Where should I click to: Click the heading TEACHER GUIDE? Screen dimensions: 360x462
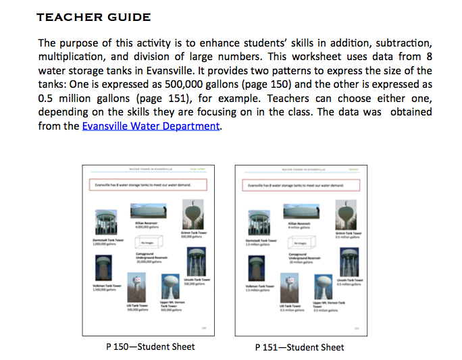(94, 16)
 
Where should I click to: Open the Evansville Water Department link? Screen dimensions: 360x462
(151, 126)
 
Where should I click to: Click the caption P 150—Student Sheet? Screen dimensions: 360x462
(151, 346)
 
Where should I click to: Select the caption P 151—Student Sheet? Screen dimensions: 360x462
(300, 347)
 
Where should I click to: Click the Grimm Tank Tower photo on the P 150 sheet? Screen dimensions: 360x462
(194, 214)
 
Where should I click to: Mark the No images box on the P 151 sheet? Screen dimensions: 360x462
(298, 241)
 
